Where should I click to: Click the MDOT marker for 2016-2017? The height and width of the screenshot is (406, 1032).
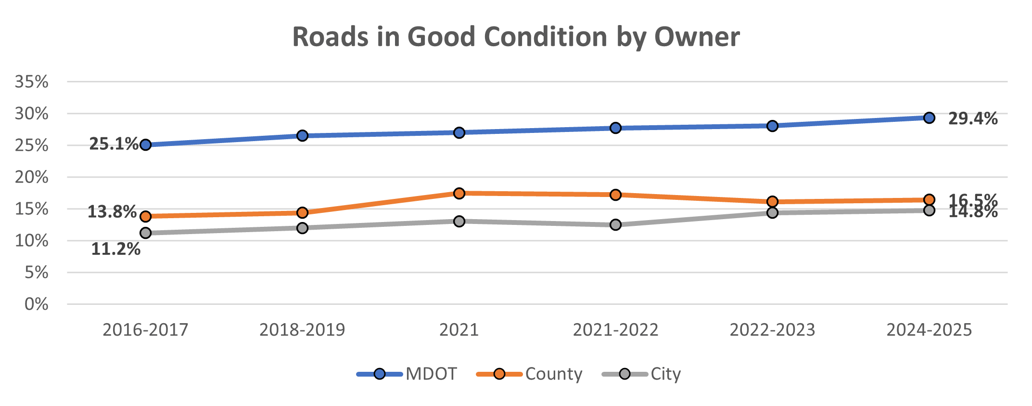(x=145, y=145)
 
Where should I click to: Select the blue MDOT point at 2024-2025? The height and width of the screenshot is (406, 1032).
(x=929, y=118)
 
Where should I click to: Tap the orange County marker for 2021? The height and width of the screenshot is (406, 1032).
(x=459, y=193)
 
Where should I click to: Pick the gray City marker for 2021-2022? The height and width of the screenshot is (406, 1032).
(x=615, y=224)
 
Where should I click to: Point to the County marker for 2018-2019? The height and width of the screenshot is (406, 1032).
(x=302, y=212)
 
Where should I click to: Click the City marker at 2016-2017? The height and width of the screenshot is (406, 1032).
(x=145, y=233)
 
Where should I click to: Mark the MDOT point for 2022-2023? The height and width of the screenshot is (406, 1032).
(x=772, y=126)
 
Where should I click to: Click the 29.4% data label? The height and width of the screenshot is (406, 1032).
(x=972, y=118)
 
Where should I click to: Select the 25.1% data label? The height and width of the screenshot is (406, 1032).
(x=114, y=144)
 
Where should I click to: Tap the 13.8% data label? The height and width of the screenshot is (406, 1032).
(x=112, y=211)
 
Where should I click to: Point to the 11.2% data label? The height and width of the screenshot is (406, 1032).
(x=115, y=249)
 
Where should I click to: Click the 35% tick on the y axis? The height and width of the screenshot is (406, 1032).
(x=32, y=82)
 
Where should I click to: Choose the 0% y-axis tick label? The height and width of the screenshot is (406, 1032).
(x=37, y=304)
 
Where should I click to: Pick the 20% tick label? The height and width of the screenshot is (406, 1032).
(x=32, y=177)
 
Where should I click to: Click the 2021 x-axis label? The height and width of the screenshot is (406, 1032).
(x=459, y=330)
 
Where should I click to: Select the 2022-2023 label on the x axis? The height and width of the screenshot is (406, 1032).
(x=772, y=330)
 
